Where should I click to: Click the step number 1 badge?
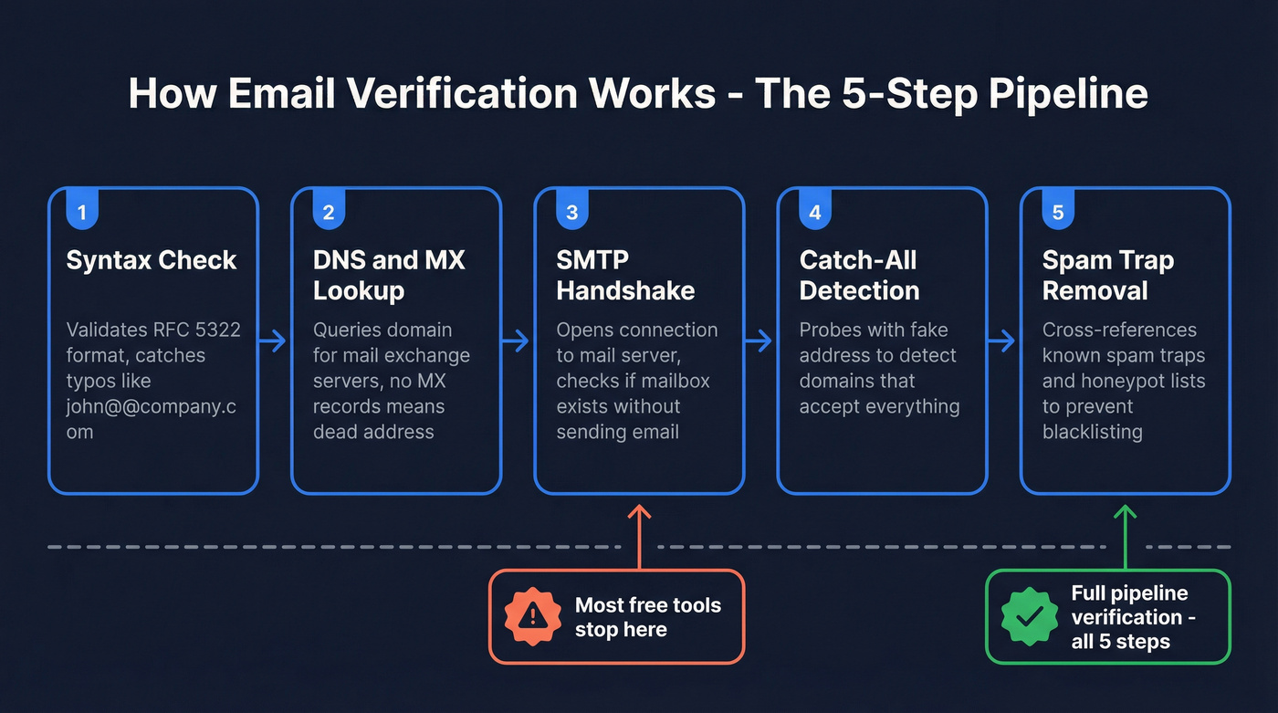coord(82,212)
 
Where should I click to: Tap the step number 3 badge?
coord(572,212)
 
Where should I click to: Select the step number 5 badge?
coord(1058,212)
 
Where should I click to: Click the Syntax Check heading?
coord(152,260)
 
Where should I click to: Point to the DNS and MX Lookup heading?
coord(389,275)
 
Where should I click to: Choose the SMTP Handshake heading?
coord(625,275)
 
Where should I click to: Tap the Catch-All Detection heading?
coord(859,275)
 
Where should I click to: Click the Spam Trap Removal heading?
coord(1107,275)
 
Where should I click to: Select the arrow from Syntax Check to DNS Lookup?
coord(272,341)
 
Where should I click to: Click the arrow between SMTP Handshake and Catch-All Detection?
coord(759,341)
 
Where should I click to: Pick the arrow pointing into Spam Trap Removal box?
coord(1001,341)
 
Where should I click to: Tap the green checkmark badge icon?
coord(1029,617)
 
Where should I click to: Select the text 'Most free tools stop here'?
coord(647,617)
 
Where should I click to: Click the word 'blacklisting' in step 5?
coord(1092,432)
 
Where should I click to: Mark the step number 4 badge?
coord(814,212)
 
